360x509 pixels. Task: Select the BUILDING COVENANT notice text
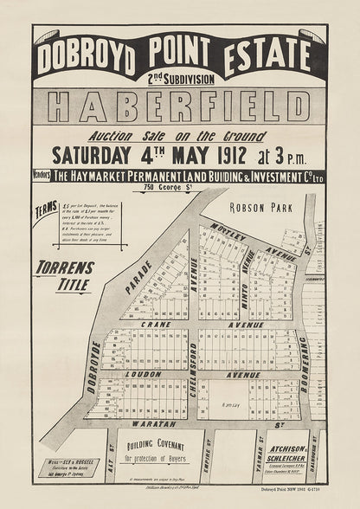click(157, 450)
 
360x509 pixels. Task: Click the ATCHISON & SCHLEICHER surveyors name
click(289, 454)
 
